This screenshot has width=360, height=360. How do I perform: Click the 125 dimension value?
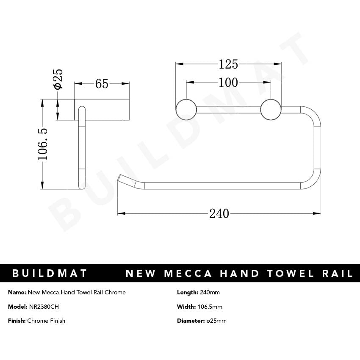(229, 64)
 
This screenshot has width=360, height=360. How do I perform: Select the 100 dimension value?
(229, 82)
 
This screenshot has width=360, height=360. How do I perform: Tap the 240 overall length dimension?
(219, 213)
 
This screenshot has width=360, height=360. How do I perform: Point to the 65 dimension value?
(102, 84)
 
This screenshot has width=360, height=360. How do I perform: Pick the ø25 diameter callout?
(57, 79)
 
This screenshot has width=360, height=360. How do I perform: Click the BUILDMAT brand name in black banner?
(50, 273)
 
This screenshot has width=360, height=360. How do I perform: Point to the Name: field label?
(17, 292)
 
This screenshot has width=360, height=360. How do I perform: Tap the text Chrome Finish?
(46, 321)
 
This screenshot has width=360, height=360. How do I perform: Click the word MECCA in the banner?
(187, 273)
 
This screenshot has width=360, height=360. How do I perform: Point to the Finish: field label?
(17, 321)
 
